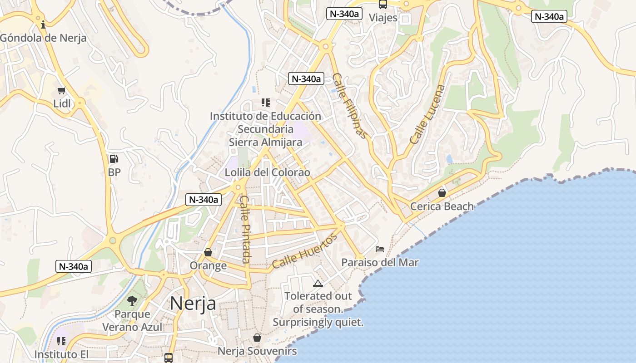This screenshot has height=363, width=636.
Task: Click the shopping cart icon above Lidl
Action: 62,90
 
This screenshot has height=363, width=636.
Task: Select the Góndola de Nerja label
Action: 43,38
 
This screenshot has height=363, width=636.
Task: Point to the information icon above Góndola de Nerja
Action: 43,24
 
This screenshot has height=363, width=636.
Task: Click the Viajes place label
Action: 383,18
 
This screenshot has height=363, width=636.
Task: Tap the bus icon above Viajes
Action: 383,5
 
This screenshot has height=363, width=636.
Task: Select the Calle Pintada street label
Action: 245,229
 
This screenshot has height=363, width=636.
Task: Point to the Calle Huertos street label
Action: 305,250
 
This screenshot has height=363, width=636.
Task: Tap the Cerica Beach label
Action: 442,206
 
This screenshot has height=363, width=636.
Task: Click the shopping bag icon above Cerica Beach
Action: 442,193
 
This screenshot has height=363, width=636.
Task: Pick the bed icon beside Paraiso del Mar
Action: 380,249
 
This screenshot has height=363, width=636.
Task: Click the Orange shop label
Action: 208,265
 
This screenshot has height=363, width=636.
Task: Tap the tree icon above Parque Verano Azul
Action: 132,300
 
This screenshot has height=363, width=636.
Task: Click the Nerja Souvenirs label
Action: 257,351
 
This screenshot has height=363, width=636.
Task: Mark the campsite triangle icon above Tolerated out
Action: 318,284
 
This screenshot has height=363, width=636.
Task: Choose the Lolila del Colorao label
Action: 268,172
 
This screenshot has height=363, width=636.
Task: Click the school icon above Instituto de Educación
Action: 266,103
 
